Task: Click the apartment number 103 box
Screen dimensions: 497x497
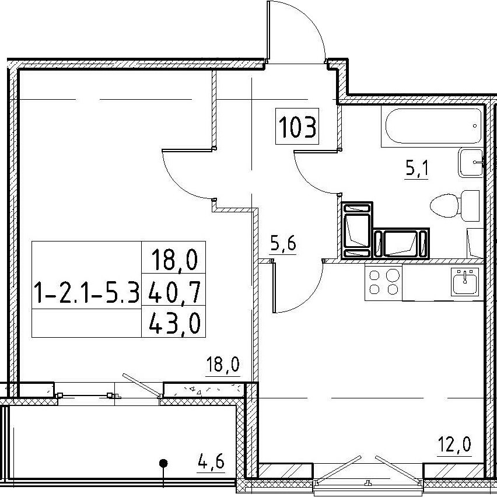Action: pos(297,126)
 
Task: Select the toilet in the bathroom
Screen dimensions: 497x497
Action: pos(455,206)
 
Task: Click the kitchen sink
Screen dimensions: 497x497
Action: pos(465,281)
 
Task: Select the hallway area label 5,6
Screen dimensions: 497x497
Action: pos(283,244)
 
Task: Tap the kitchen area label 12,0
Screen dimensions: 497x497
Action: pos(454,444)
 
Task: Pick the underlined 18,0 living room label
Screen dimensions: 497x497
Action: pos(222,365)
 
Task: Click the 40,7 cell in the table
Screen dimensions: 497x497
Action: pos(174,289)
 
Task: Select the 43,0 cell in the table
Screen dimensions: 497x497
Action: pos(174,321)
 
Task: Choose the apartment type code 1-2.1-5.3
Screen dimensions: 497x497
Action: pos(86,293)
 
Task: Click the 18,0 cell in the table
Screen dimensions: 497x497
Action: pos(174,257)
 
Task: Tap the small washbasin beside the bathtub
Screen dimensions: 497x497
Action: pos(470,162)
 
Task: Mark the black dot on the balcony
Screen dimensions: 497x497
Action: pos(163,463)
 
